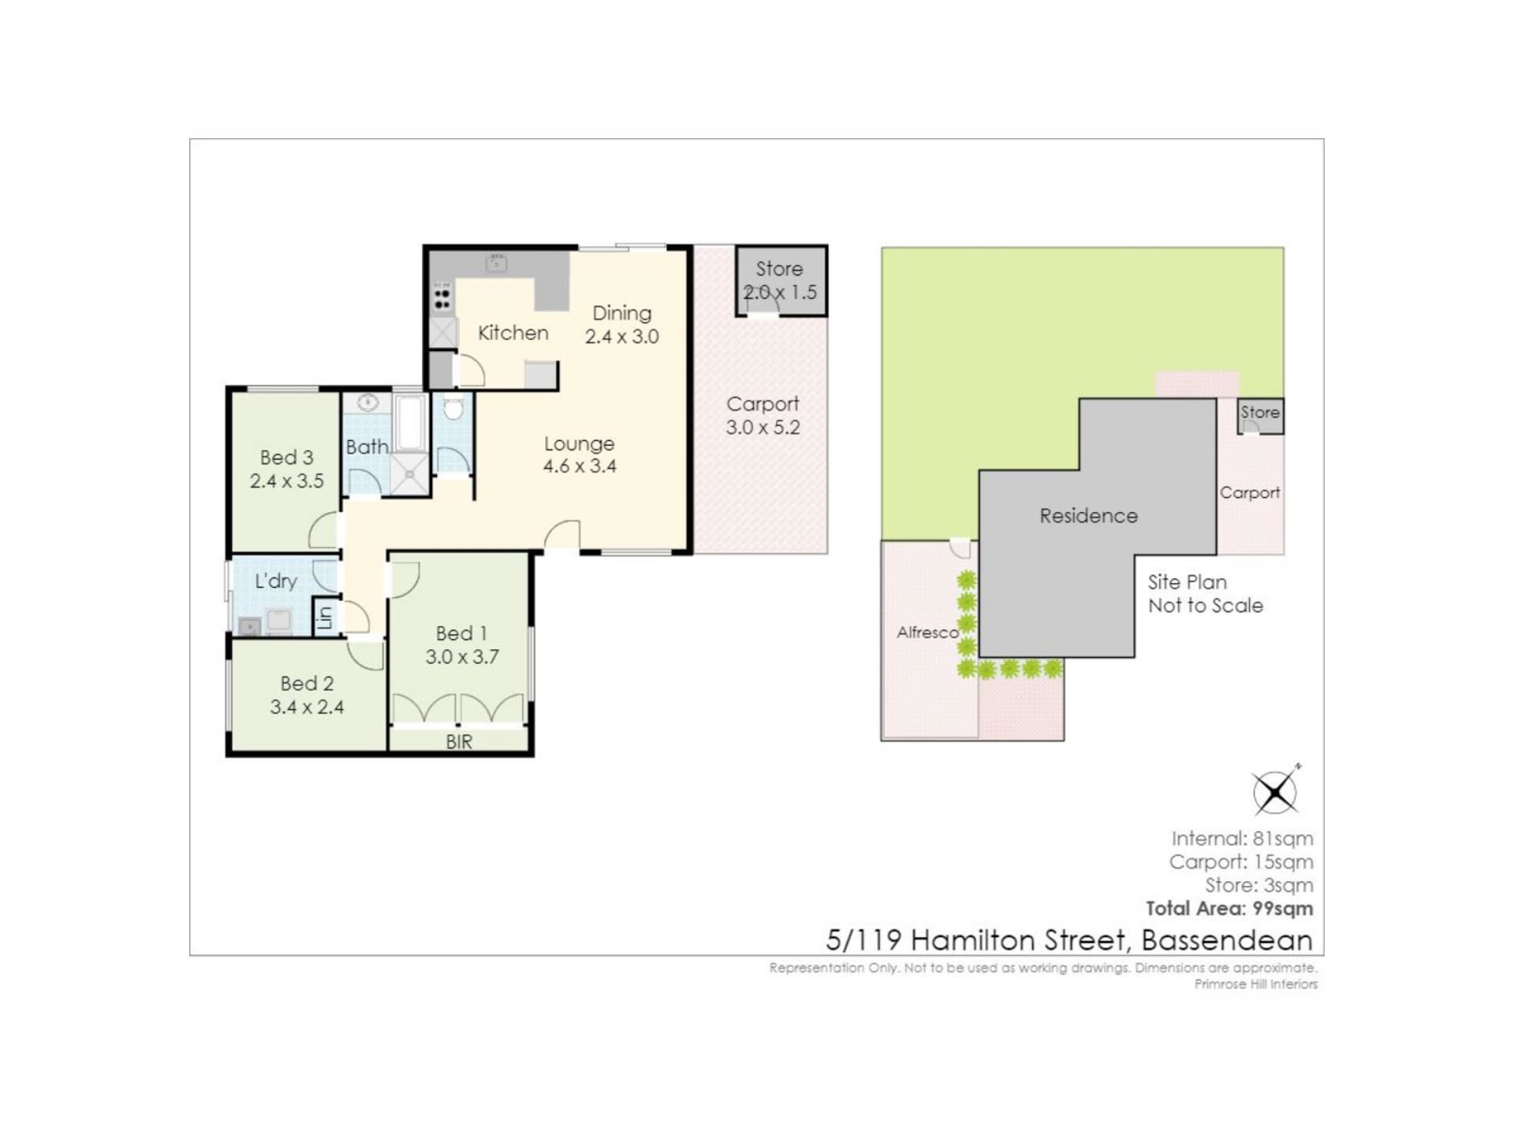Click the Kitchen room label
(513, 333)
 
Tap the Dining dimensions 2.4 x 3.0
(621, 337)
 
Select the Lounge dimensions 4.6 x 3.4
(580, 466)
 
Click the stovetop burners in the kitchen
(442, 298)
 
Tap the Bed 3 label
(286, 458)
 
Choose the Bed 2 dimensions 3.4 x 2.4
(307, 708)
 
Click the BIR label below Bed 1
(459, 742)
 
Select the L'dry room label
(276, 581)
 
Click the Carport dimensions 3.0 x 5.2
(763, 428)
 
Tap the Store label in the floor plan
(779, 269)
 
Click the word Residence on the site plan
(1088, 516)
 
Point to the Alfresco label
(927, 633)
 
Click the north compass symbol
(1275, 790)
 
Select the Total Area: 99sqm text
(1229, 909)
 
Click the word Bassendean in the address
(1227, 940)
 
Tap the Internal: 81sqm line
(1242, 839)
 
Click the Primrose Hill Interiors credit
(1255, 985)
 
